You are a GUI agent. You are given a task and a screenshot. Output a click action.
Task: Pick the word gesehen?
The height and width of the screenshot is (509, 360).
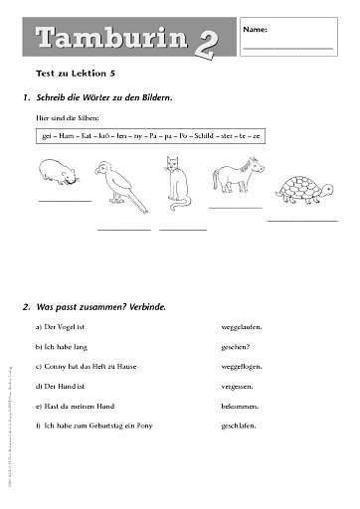[x=238, y=346]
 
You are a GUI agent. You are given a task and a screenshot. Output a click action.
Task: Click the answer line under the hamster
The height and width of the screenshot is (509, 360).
[x=62, y=201]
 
